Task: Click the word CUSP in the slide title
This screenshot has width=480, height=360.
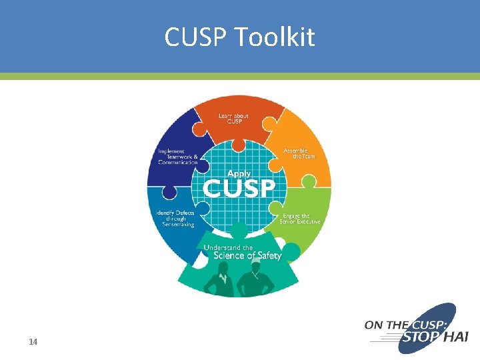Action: click(x=197, y=38)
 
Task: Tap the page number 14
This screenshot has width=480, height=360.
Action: click(x=33, y=342)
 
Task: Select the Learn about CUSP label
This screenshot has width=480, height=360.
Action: click(x=234, y=119)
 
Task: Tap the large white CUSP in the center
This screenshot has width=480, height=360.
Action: click(x=238, y=187)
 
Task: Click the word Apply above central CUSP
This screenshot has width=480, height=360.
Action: click(x=239, y=173)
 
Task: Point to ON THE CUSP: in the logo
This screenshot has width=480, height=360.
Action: click(x=399, y=325)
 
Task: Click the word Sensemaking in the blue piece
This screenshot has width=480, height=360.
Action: click(x=178, y=224)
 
